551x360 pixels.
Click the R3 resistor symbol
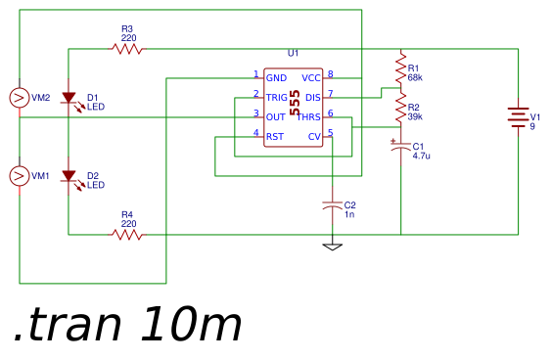point(127,49)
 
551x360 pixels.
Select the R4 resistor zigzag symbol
point(127,235)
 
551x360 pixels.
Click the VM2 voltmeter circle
point(20,98)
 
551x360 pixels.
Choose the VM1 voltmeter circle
point(20,176)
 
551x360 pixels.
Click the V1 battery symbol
point(518,117)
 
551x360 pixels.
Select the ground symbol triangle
point(332,247)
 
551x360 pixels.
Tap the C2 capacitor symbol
point(332,205)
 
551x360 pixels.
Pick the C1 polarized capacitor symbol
point(400,147)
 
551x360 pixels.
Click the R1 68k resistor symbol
point(400,68)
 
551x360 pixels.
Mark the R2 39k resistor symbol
point(400,108)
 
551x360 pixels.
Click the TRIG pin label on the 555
point(277,97)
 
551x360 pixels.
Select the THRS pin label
point(309,117)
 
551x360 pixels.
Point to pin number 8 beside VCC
point(331,74)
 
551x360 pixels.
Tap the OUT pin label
point(276,117)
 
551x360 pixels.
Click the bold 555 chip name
point(295,103)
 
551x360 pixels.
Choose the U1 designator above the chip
point(293,53)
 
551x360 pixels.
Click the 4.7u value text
point(422,156)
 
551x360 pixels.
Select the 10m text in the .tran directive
point(192,324)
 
